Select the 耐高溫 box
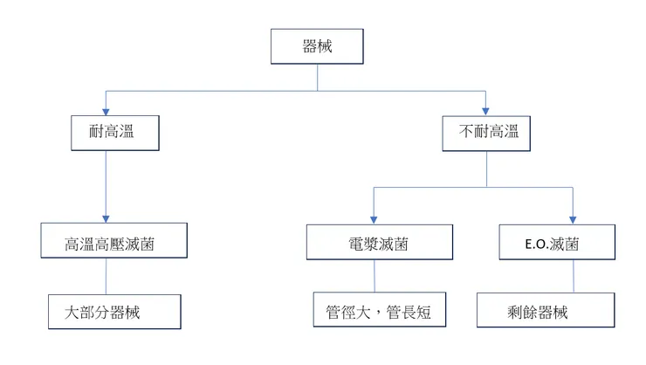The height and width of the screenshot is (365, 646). click(x=106, y=133)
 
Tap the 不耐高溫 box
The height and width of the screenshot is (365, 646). click(x=487, y=133)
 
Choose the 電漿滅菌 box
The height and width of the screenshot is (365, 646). click(x=375, y=243)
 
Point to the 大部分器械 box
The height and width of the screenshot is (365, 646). click(x=114, y=312)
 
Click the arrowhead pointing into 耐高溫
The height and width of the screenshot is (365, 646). click(x=106, y=111)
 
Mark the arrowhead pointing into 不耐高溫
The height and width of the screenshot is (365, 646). click(x=487, y=111)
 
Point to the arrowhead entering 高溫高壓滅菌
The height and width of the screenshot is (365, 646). click(x=106, y=221)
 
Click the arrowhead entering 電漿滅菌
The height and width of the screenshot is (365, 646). click(x=375, y=221)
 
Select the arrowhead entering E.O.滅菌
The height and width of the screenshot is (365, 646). click(x=574, y=221)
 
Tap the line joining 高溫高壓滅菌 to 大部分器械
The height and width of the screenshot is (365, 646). click(x=106, y=278)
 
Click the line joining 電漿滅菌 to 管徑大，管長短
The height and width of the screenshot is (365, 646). click(x=375, y=278)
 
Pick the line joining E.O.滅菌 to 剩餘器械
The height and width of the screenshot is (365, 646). click(x=574, y=278)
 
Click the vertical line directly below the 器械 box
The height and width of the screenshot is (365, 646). click(x=316, y=77)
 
